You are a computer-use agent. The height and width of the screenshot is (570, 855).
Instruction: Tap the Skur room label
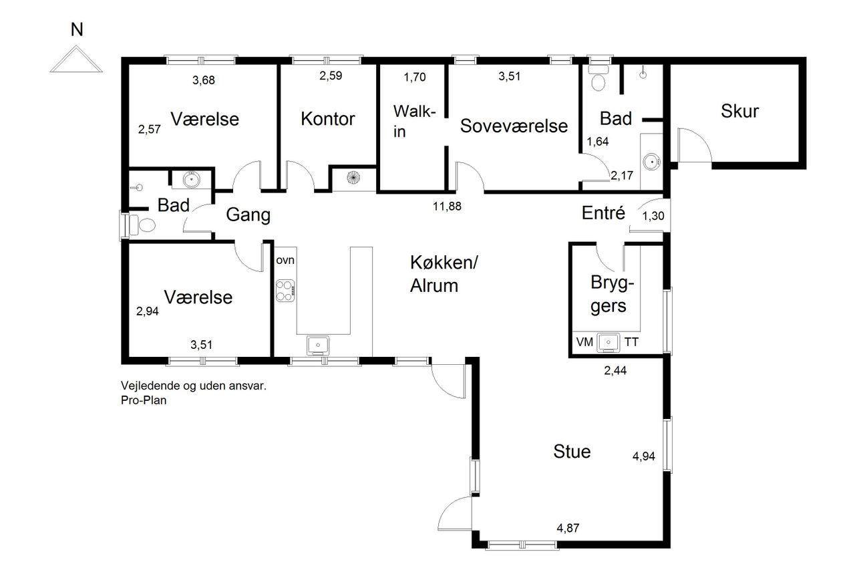click(x=739, y=111)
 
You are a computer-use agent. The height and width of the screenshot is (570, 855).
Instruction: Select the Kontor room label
click(x=327, y=118)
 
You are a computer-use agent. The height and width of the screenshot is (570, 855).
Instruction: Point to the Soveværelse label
click(x=514, y=126)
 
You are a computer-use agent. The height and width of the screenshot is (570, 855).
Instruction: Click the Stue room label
click(x=572, y=451)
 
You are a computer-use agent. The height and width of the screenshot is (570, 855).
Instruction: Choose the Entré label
click(x=603, y=212)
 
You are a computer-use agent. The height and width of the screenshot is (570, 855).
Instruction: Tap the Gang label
click(x=248, y=215)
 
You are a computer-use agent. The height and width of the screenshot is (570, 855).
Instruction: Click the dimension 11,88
click(x=447, y=206)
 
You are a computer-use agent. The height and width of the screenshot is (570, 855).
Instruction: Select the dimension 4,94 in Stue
click(x=643, y=456)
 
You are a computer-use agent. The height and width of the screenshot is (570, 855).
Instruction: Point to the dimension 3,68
click(x=204, y=80)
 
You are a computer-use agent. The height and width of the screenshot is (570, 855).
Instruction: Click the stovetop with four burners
click(x=285, y=291)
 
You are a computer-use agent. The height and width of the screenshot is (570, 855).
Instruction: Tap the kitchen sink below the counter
click(x=318, y=345)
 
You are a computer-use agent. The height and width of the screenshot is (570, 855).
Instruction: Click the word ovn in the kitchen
click(x=285, y=261)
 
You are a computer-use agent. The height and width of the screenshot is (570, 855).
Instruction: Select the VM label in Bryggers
click(x=584, y=342)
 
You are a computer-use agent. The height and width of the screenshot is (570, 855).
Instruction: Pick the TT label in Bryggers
click(x=631, y=342)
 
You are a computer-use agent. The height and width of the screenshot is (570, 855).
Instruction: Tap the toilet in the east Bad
click(x=598, y=79)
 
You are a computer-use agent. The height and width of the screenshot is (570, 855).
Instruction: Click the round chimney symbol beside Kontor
click(x=353, y=178)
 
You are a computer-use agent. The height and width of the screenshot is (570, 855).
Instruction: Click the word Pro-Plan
click(x=144, y=400)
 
